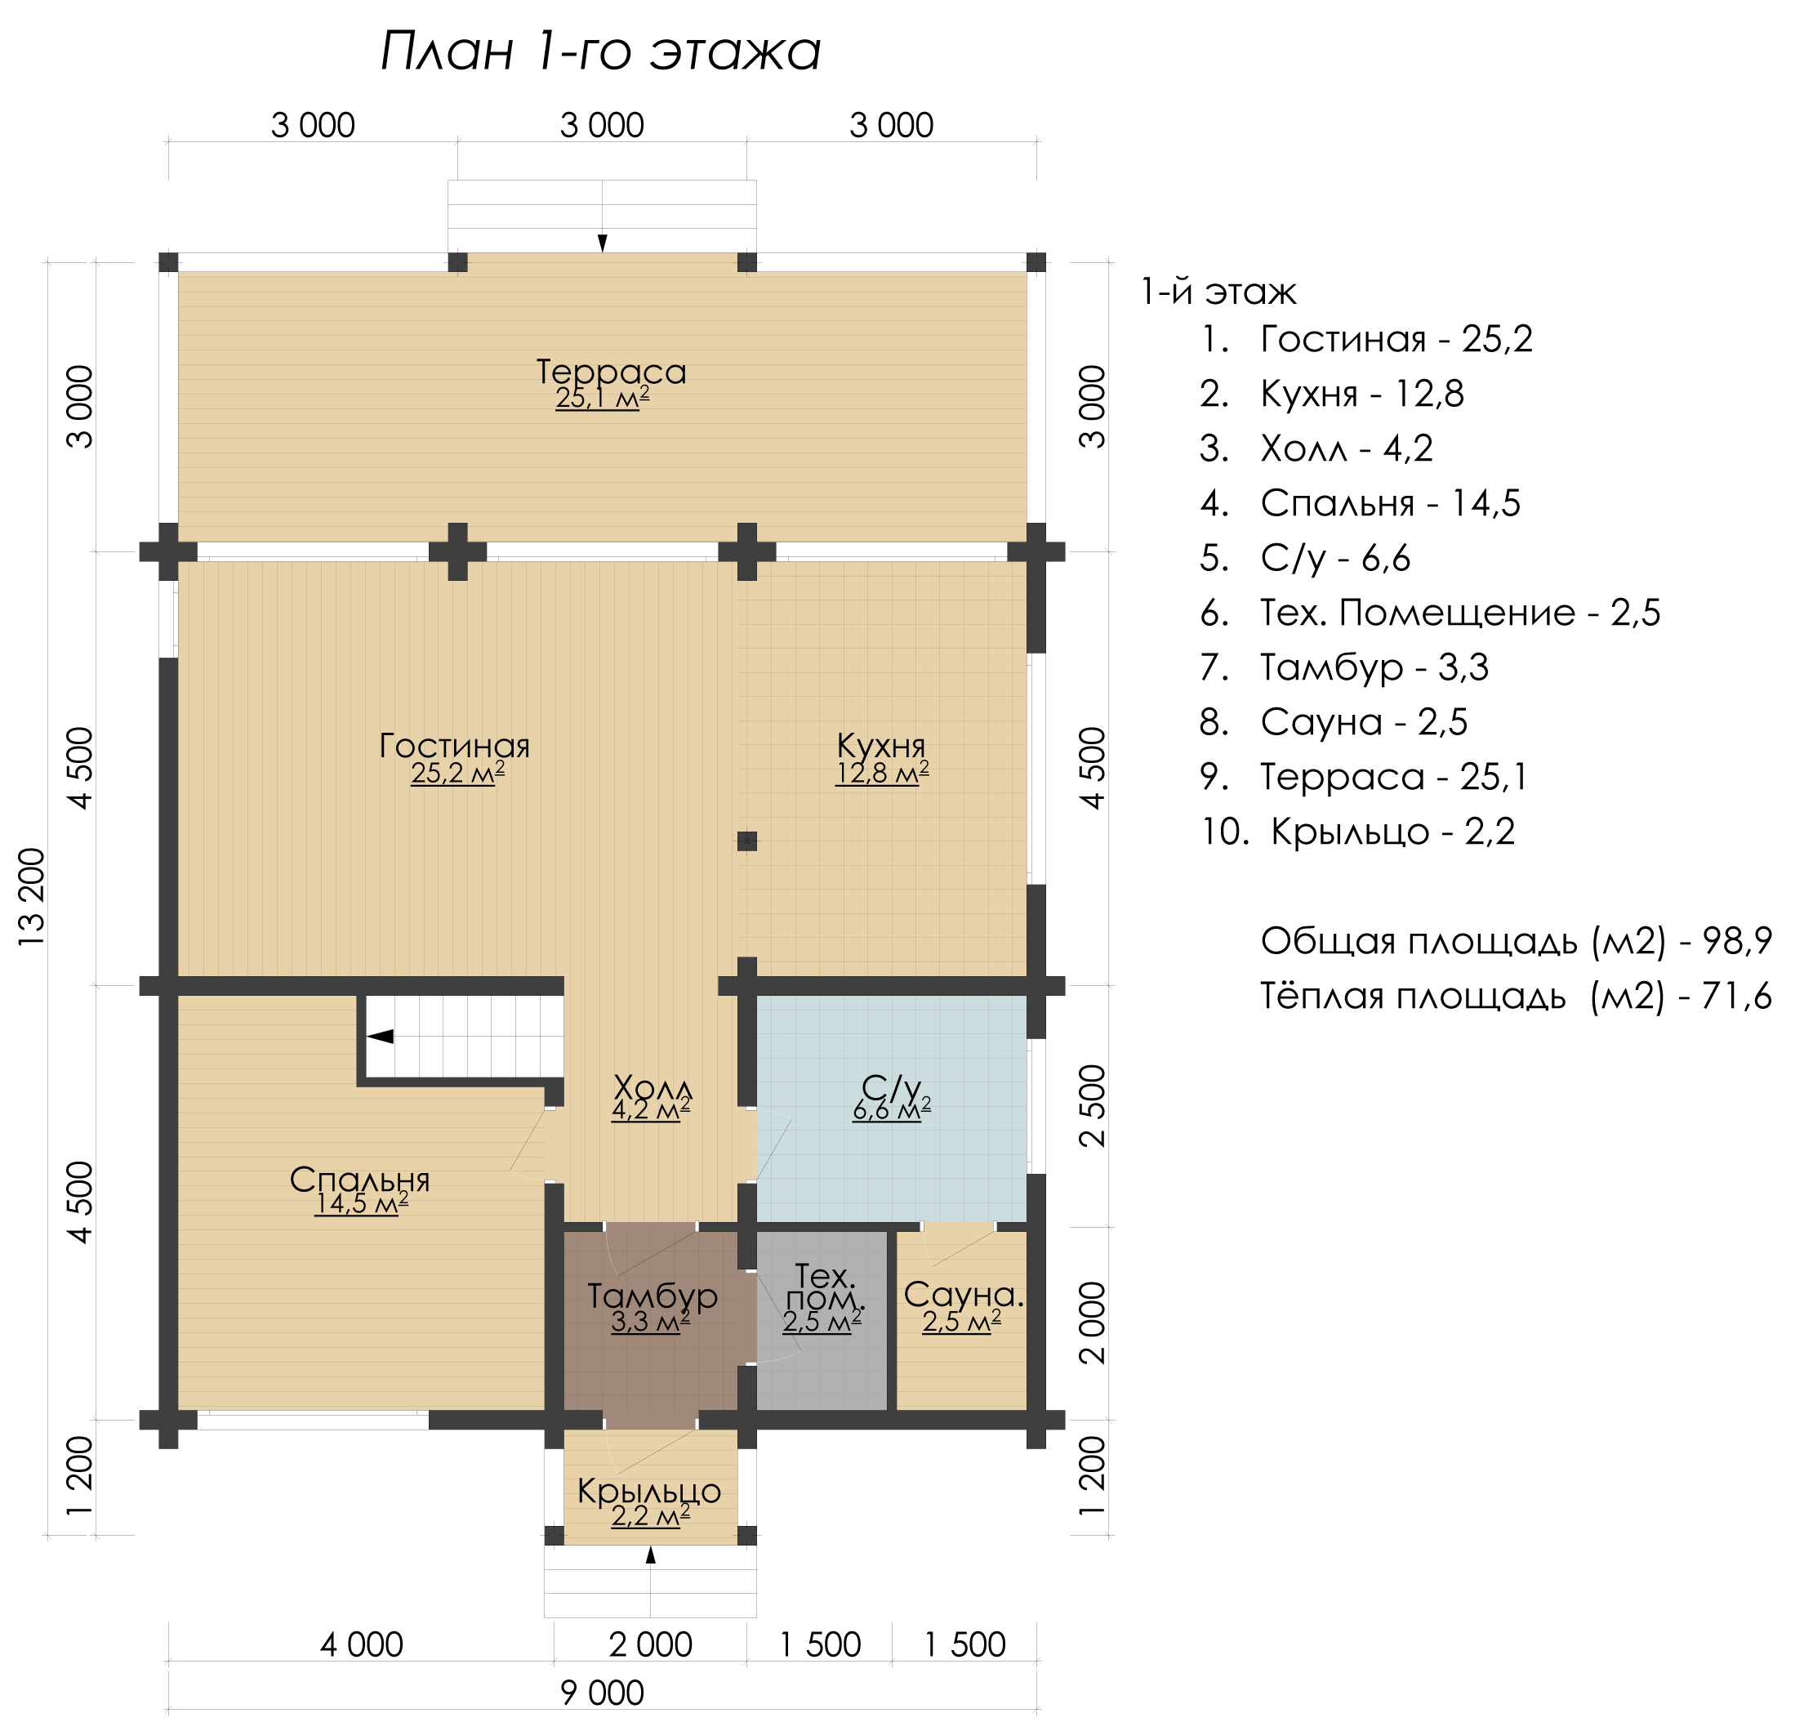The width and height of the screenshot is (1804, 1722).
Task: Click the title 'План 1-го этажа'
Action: [x=600, y=51]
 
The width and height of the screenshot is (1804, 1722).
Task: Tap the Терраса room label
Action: [x=611, y=372]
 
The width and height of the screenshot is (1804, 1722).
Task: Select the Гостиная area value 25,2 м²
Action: [x=458, y=773]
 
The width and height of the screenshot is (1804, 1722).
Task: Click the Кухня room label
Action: [x=881, y=744]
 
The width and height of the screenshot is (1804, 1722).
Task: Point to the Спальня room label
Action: [x=359, y=1180]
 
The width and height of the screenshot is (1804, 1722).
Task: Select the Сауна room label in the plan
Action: [x=964, y=1294]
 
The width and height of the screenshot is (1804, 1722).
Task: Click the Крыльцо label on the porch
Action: [x=650, y=1491]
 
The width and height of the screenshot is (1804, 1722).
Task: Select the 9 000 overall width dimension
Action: [x=603, y=1692]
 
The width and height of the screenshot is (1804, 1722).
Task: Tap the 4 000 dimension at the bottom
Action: [x=362, y=1644]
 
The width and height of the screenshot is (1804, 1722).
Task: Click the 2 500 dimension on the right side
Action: [x=1094, y=1105]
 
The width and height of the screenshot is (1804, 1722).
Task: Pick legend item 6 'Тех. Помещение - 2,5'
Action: [x=1430, y=612]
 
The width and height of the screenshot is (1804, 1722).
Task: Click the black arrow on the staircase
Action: [x=380, y=1037]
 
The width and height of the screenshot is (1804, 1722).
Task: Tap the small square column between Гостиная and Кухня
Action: [x=747, y=841]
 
